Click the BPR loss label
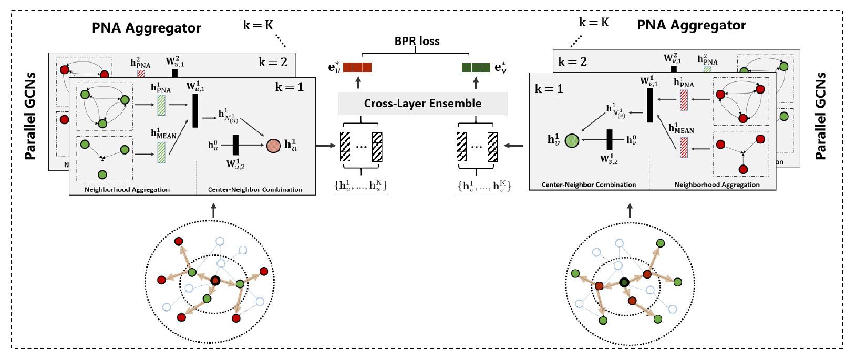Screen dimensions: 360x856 [x=417, y=40]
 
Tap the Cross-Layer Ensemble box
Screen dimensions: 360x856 [x=422, y=103]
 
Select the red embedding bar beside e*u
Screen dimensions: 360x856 [x=357, y=67]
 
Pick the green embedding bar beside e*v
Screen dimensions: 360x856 [x=476, y=67]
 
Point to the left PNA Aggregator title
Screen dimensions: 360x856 [x=147, y=28]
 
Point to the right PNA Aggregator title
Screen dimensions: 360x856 [x=691, y=25]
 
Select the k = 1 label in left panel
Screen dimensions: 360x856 [x=289, y=87]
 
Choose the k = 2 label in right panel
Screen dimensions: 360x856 [x=572, y=62]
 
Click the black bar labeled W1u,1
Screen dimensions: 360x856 [x=195, y=111]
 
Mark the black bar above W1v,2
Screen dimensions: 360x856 [x=610, y=139]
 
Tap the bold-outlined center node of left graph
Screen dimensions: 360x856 [x=215, y=281]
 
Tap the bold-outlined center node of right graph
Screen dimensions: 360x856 [x=624, y=283]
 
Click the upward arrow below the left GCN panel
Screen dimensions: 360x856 [x=213, y=211]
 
